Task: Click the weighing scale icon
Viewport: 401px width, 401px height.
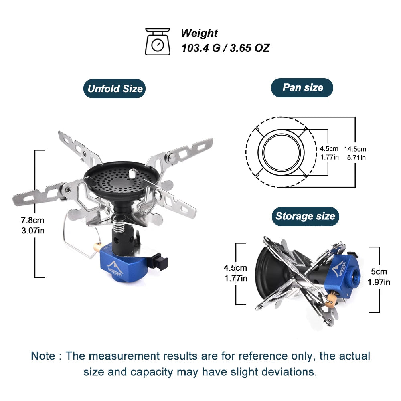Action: pos(157,41)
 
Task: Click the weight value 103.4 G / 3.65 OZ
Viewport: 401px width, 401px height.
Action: pos(225,48)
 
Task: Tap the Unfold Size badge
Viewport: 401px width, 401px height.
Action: pos(114,89)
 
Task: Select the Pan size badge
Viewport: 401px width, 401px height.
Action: pos(302,87)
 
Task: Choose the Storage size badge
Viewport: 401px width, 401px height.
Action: pos(305,217)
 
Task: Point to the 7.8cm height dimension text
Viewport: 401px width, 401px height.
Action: pos(33,220)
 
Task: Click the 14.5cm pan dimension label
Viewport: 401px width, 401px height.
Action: pos(354,149)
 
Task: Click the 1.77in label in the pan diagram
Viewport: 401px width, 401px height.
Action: pos(329,157)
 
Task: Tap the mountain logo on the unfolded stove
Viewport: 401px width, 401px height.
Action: pos(114,265)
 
